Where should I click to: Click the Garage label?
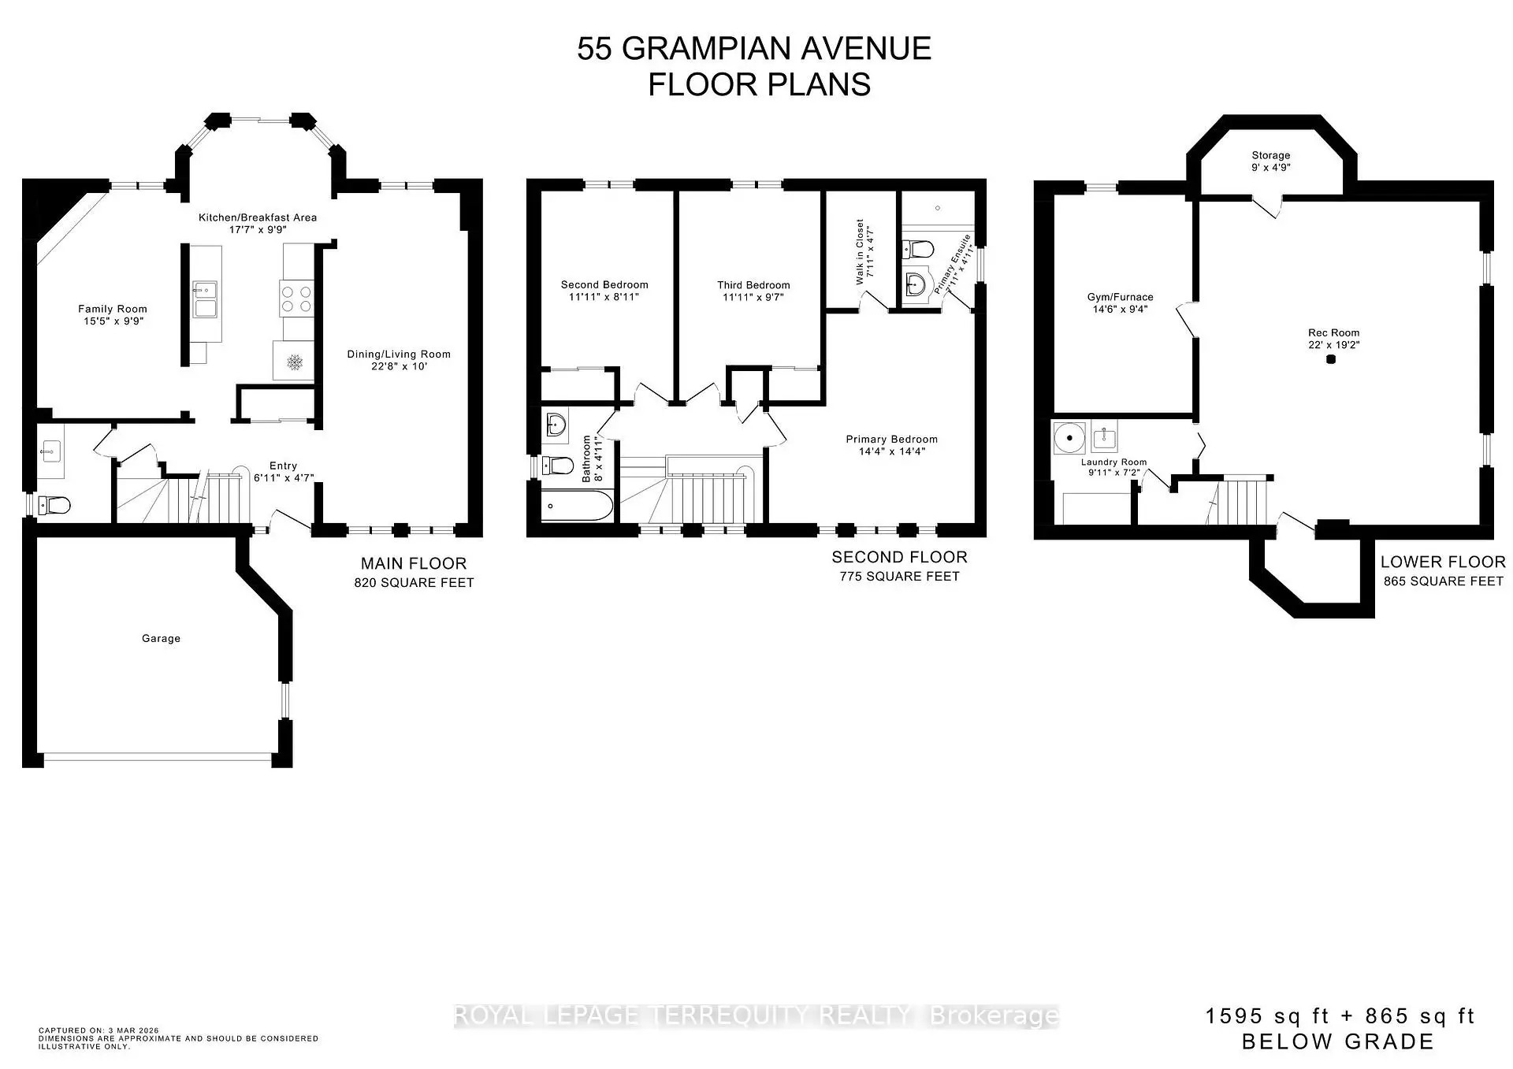click(x=161, y=638)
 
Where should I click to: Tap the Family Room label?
click(x=112, y=309)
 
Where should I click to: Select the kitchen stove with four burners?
click(x=296, y=299)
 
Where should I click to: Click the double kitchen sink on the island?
click(x=206, y=299)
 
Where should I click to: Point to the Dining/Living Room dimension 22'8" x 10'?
click(x=399, y=366)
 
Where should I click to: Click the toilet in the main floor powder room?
click(x=55, y=504)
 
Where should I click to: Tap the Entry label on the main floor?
click(x=283, y=466)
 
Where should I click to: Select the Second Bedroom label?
click(x=604, y=284)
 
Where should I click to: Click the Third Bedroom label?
click(x=753, y=285)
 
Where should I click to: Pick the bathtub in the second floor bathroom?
click(x=577, y=505)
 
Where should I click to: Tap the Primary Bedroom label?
click(x=891, y=440)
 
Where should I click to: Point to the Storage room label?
click(x=1270, y=155)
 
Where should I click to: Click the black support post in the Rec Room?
click(x=1331, y=359)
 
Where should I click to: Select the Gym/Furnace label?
click(x=1120, y=297)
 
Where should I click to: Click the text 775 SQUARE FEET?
click(x=899, y=577)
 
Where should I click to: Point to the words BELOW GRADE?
click(x=1337, y=1041)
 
